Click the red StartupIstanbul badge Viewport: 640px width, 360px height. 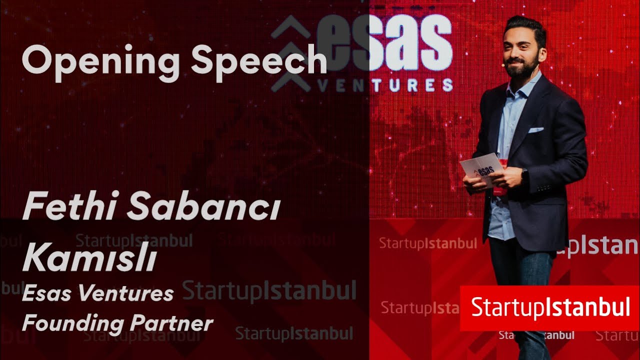[x=550, y=308]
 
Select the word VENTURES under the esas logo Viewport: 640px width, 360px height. [x=385, y=85]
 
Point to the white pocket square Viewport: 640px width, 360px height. [x=535, y=130]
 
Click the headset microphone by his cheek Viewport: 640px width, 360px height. [x=504, y=64]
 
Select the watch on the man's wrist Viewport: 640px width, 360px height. [x=524, y=175]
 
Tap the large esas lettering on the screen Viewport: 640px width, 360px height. [x=385, y=42]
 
